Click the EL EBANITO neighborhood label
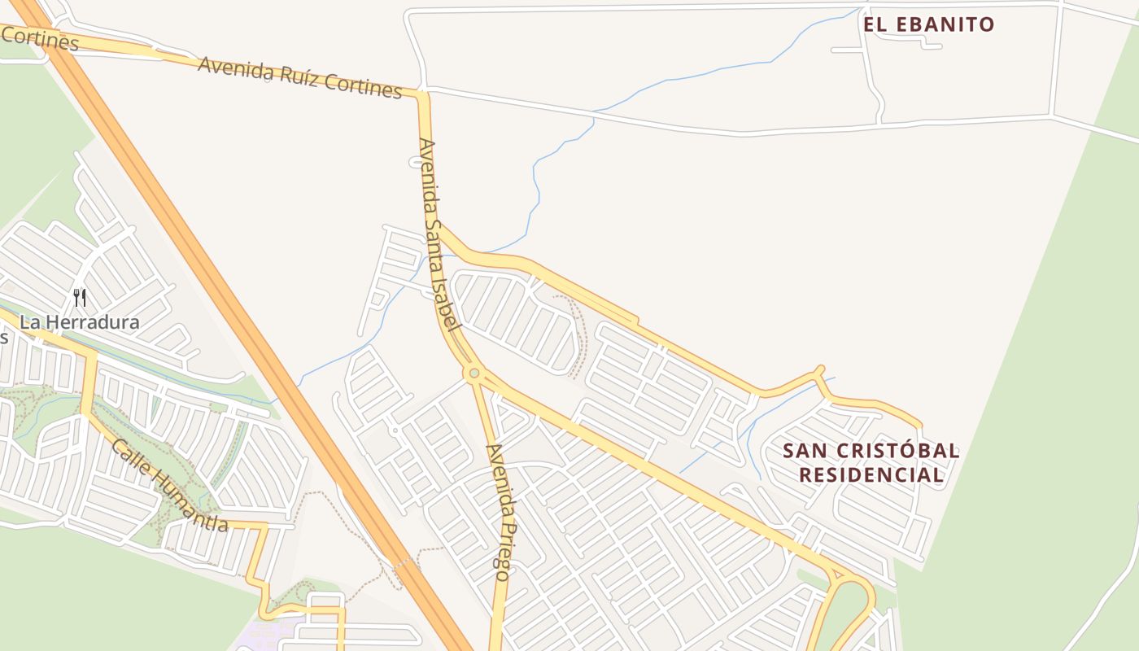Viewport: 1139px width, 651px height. [928, 24]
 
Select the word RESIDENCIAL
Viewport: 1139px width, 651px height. [871, 475]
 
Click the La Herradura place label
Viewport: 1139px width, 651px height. [79, 322]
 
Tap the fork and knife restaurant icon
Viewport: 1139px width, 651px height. [79, 298]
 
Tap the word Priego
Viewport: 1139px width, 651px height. [500, 549]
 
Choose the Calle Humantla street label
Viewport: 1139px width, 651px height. [169, 486]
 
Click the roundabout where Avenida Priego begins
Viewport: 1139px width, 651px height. [473, 373]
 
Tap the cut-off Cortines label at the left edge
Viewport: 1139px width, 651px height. [39, 37]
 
